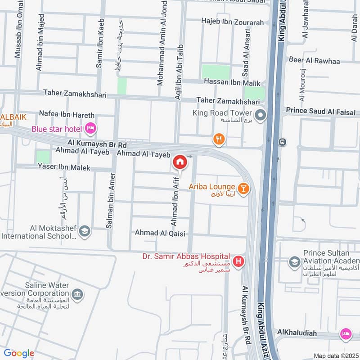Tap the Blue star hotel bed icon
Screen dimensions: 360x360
pyautogui.click(x=90, y=129)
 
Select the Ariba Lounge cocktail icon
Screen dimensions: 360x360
pyautogui.click(x=243, y=189)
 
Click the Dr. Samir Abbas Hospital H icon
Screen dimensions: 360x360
pyautogui.click(x=239, y=261)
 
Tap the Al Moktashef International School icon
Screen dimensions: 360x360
pyautogui.click(x=84, y=232)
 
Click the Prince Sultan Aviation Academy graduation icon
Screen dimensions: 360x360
pyautogui.click(x=295, y=262)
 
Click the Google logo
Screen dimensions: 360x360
pyautogui.click(x=18, y=353)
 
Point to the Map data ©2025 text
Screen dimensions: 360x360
pyautogui.click(x=335, y=356)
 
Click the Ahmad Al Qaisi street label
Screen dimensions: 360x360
pyautogui.click(x=160, y=233)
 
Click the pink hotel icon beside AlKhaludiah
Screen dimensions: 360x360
pyautogui.click(x=345, y=334)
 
